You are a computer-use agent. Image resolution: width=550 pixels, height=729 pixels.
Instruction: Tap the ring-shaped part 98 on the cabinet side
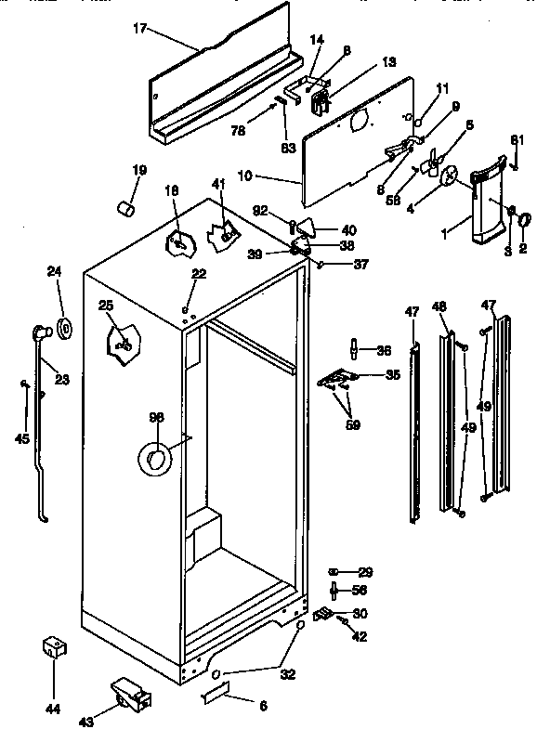(x=155, y=457)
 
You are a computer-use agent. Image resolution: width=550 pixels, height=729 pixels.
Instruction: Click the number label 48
(x=439, y=306)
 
